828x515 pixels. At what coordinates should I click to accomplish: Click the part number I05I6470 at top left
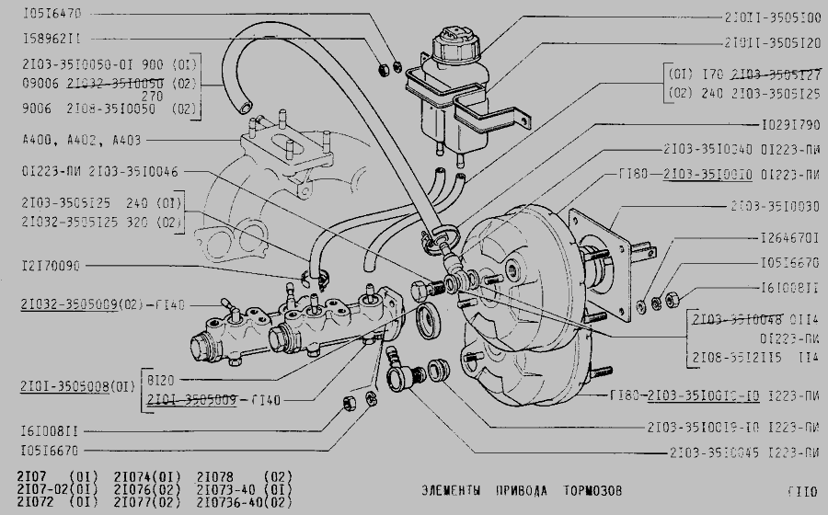click(52, 15)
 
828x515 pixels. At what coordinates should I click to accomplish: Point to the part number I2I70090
click(52, 267)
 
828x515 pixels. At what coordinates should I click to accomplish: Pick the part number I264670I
click(789, 238)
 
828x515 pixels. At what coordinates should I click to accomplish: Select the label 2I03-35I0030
click(775, 206)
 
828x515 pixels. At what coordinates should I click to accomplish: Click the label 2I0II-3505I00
click(772, 17)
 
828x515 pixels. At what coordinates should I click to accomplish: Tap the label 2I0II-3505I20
click(772, 42)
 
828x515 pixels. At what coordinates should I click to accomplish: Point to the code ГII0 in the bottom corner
click(801, 490)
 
